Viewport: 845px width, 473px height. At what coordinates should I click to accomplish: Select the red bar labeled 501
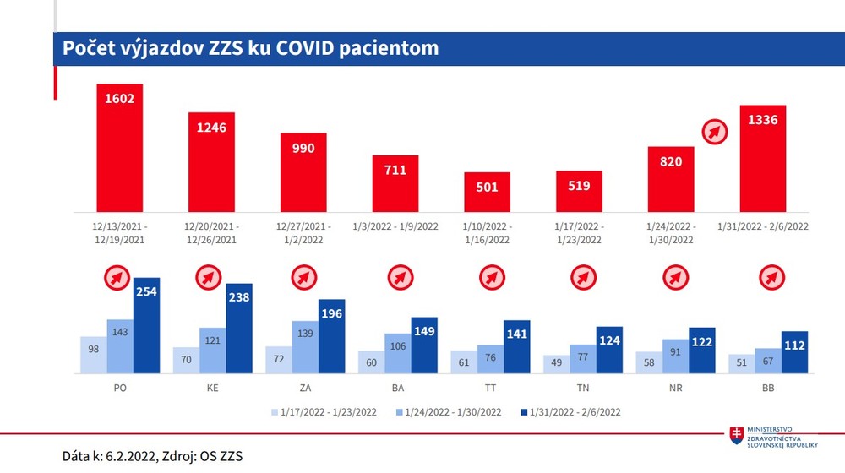coord(487,192)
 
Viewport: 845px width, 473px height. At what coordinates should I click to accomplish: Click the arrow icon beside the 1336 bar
coord(716,133)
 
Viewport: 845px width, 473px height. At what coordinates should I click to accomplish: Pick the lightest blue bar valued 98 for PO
coord(94,355)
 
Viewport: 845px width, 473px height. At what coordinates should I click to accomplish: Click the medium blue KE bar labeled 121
coord(213,351)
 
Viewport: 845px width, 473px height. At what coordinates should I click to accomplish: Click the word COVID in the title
coord(302,48)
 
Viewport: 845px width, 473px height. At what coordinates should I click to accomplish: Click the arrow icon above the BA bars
coord(397,277)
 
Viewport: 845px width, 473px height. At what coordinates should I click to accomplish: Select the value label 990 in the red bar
coord(303,148)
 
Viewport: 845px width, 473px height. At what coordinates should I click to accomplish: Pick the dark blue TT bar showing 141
coord(516,347)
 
